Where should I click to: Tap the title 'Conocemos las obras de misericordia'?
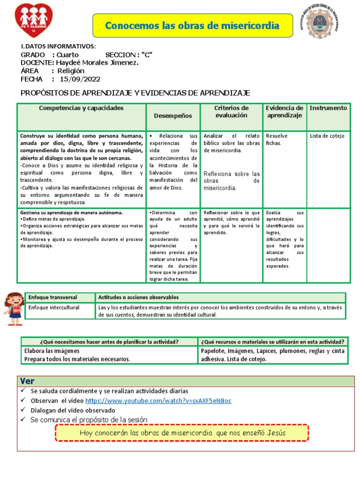(x=192, y=25)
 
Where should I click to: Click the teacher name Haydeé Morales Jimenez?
(x=97, y=62)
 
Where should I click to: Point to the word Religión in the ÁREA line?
(x=71, y=71)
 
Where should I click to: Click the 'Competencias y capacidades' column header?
(x=81, y=108)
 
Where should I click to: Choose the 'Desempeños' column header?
(x=173, y=115)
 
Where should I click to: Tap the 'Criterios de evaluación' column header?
(x=231, y=112)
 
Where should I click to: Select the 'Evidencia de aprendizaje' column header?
(x=285, y=112)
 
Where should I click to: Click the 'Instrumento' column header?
(x=328, y=108)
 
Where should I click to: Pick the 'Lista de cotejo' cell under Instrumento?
(x=327, y=136)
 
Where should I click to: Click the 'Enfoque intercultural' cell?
(x=54, y=307)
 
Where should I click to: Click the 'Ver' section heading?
(x=27, y=381)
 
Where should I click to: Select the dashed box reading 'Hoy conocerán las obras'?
(x=182, y=433)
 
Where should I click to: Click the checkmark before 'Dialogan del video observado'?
(x=23, y=410)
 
